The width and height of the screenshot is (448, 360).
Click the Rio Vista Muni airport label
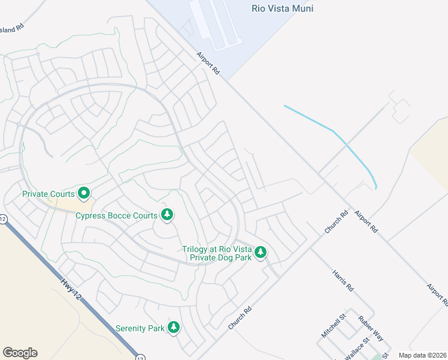[x=283, y=8]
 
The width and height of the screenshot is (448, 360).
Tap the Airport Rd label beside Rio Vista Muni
[x=208, y=63]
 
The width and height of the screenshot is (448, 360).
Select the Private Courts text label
[x=49, y=194]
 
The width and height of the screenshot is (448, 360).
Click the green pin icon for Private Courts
[x=84, y=193]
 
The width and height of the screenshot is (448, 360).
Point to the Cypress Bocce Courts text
[x=116, y=215]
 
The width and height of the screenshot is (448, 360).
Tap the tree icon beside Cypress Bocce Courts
[x=167, y=215]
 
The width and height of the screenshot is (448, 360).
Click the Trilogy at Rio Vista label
[x=218, y=249]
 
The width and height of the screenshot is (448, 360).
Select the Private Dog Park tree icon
[x=260, y=252]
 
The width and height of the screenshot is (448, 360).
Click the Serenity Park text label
[x=140, y=328]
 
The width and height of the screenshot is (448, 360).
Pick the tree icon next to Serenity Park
[x=174, y=327]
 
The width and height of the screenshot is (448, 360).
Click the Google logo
[x=20, y=353]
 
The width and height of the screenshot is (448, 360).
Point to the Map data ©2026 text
[x=422, y=355]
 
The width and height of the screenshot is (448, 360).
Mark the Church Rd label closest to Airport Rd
[x=337, y=222]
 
